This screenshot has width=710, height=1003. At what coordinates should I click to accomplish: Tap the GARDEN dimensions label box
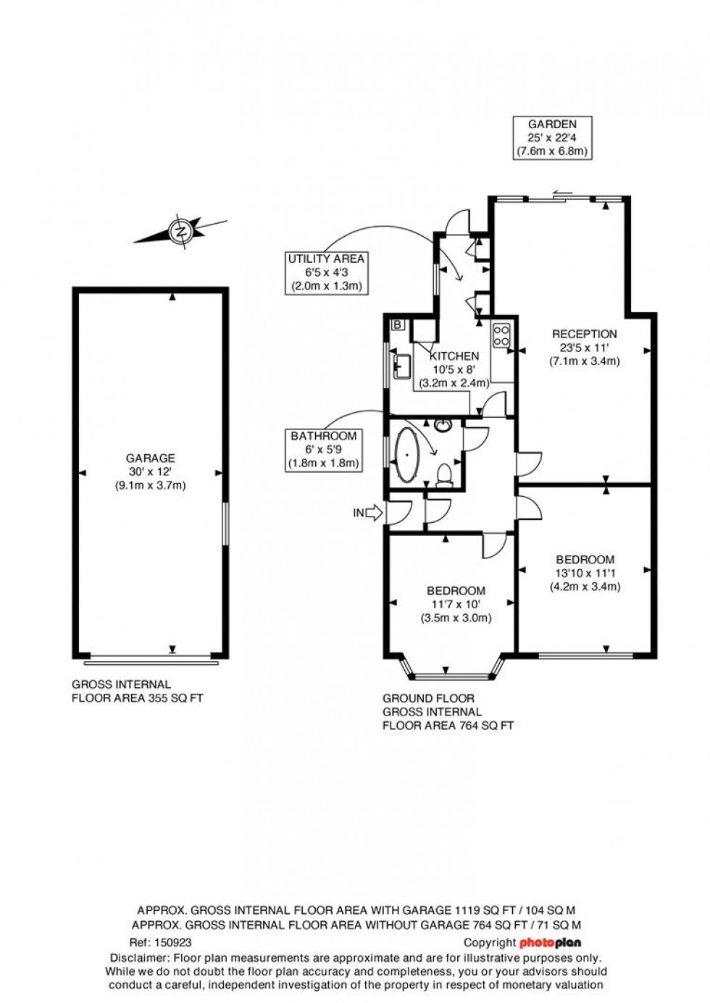(552, 138)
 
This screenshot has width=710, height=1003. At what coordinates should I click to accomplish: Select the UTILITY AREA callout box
(326, 272)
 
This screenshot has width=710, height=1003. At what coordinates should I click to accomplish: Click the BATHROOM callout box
(323, 450)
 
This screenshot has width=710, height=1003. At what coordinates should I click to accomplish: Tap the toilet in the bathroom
(446, 474)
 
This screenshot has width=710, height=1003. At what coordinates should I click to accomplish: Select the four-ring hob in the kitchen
(501, 335)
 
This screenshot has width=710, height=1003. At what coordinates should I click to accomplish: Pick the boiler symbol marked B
(397, 324)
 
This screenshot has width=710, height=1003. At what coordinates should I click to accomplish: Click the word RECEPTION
(585, 334)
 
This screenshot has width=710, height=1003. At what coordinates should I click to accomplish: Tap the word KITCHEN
(454, 356)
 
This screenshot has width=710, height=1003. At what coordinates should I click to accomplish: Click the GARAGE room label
(151, 458)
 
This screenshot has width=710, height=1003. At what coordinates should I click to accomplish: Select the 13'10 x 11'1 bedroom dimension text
(585, 573)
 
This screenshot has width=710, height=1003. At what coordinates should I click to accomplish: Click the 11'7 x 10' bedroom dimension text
(456, 604)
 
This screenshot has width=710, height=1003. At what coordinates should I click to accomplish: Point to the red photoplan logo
(550, 943)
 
